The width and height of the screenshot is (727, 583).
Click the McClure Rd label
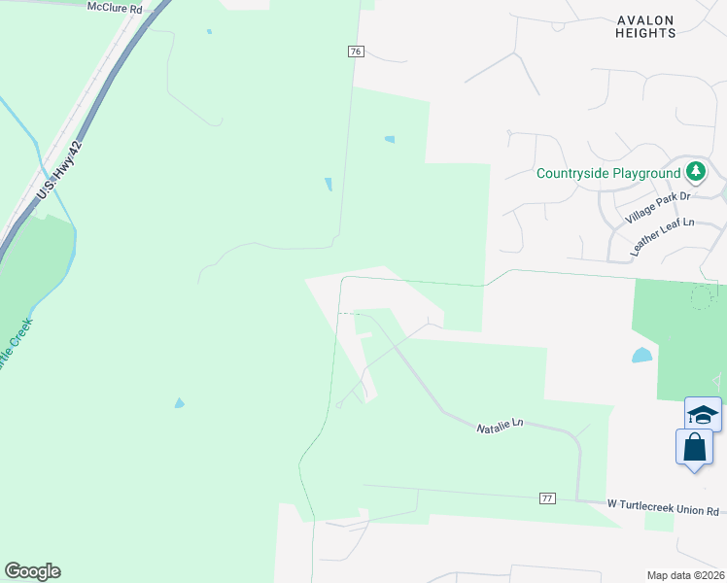pyautogui.click(x=115, y=7)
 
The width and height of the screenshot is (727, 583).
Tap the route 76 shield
pyautogui.click(x=355, y=51)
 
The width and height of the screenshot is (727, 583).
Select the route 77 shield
pyautogui.click(x=548, y=498)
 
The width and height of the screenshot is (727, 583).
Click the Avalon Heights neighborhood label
pyautogui.click(x=645, y=26)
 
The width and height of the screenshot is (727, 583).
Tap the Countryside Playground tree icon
pyautogui.click(x=695, y=173)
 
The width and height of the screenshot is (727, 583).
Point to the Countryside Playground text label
pyautogui.click(x=608, y=174)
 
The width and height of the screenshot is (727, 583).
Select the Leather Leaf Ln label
pyautogui.click(x=662, y=236)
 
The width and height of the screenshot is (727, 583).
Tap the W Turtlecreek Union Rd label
pyautogui.click(x=663, y=507)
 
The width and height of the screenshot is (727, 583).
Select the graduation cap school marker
pyautogui.click(x=703, y=415)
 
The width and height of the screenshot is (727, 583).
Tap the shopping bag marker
pyautogui.click(x=694, y=448)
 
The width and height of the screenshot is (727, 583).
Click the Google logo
pyautogui.click(x=32, y=571)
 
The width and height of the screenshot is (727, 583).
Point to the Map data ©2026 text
pyautogui.click(x=685, y=575)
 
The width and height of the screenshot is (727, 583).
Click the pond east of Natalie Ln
pyautogui.click(x=642, y=356)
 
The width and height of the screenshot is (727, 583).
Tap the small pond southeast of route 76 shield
pyautogui.click(x=390, y=140)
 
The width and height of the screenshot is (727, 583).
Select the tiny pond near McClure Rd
pyautogui.click(x=209, y=31)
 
